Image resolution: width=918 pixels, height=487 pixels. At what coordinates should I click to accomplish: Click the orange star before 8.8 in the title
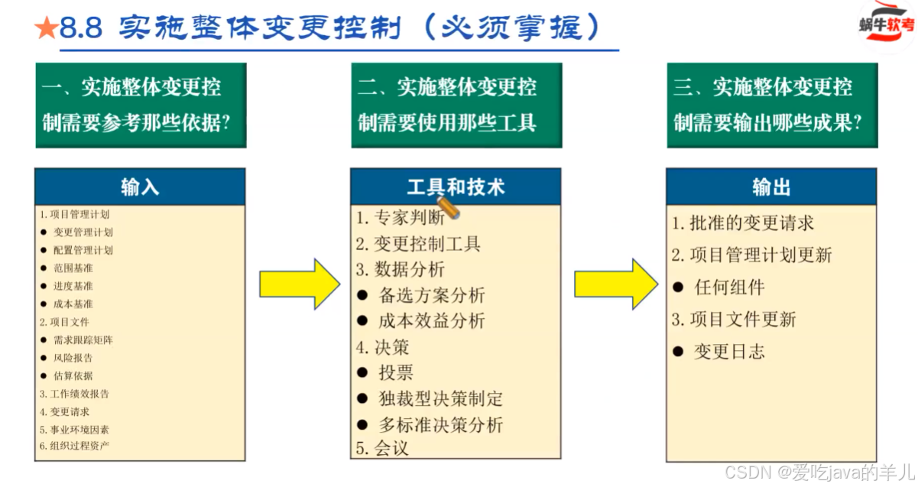click(x=46, y=29)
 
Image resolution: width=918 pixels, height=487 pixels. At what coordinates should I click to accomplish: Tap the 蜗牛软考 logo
click(x=885, y=26)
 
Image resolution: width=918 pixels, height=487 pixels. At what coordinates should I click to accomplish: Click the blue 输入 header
click(x=140, y=187)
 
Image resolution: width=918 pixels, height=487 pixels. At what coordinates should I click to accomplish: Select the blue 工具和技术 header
click(x=456, y=187)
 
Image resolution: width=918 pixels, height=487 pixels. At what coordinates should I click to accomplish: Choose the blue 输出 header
click(x=771, y=187)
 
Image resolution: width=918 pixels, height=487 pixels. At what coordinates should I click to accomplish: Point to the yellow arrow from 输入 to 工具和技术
click(x=299, y=284)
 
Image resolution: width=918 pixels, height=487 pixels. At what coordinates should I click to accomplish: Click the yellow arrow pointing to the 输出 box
click(x=615, y=284)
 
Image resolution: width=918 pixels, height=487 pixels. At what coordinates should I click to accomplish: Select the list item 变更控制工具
click(x=418, y=245)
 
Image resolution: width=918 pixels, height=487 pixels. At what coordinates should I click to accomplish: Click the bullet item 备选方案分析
click(x=431, y=296)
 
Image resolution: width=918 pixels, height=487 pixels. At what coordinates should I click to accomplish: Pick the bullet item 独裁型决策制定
click(x=440, y=399)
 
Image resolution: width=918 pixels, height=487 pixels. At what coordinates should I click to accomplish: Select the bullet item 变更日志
click(x=728, y=352)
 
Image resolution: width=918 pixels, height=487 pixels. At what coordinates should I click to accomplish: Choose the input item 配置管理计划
click(x=83, y=250)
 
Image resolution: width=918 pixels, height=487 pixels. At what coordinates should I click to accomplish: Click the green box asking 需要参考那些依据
click(x=141, y=105)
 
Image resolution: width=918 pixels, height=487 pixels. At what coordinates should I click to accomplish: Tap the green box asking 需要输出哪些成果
click(x=772, y=105)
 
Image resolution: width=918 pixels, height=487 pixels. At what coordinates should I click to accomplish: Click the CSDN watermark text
click(x=818, y=471)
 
